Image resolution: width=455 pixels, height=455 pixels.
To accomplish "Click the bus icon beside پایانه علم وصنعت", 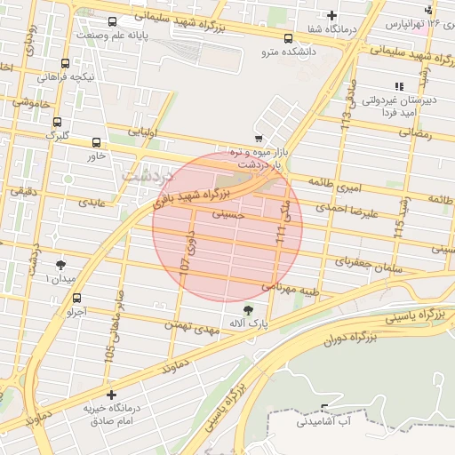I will (x=112, y=21).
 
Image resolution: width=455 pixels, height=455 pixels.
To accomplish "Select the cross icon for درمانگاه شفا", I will (x=332, y=15).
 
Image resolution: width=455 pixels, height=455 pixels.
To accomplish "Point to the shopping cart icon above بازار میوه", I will (x=258, y=139).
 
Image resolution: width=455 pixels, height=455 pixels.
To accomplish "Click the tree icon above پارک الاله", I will (x=247, y=309).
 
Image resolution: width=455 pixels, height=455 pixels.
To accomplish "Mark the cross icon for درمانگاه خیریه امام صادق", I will (x=110, y=395).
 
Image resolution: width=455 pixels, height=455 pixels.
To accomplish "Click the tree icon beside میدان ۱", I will (x=61, y=265).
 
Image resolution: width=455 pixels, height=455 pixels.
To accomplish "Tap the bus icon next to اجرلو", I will (x=77, y=298).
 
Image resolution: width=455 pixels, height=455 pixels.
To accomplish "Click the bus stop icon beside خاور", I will (x=97, y=142).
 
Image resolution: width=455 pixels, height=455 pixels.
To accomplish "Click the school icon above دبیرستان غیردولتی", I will (x=399, y=86).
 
